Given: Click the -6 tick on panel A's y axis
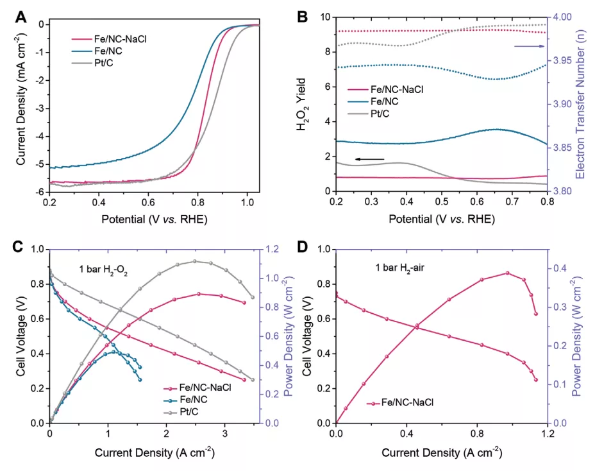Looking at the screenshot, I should pyautogui.click(x=40, y=192).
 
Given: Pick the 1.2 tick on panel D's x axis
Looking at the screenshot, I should pyautogui.click(x=547, y=434).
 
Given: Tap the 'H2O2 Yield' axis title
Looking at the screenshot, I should pyautogui.click(x=301, y=104).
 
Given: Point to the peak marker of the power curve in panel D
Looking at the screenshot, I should pyautogui.click(x=507, y=273).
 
